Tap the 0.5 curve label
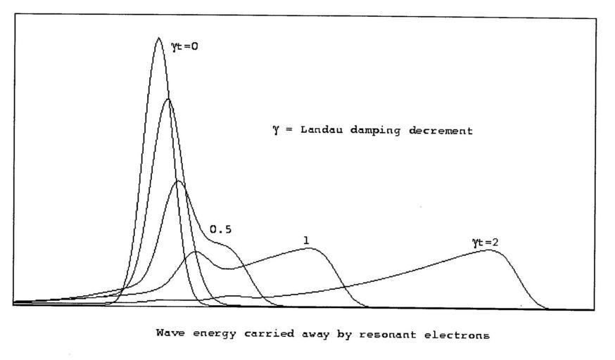(x=221, y=229)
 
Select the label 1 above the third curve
(x=306, y=240)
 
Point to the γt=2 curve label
(x=486, y=243)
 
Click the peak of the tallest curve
(x=158, y=38)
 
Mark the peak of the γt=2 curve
(x=487, y=250)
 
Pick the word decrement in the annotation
(x=441, y=131)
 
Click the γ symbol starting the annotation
(x=277, y=131)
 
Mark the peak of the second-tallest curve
(x=167, y=99)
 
